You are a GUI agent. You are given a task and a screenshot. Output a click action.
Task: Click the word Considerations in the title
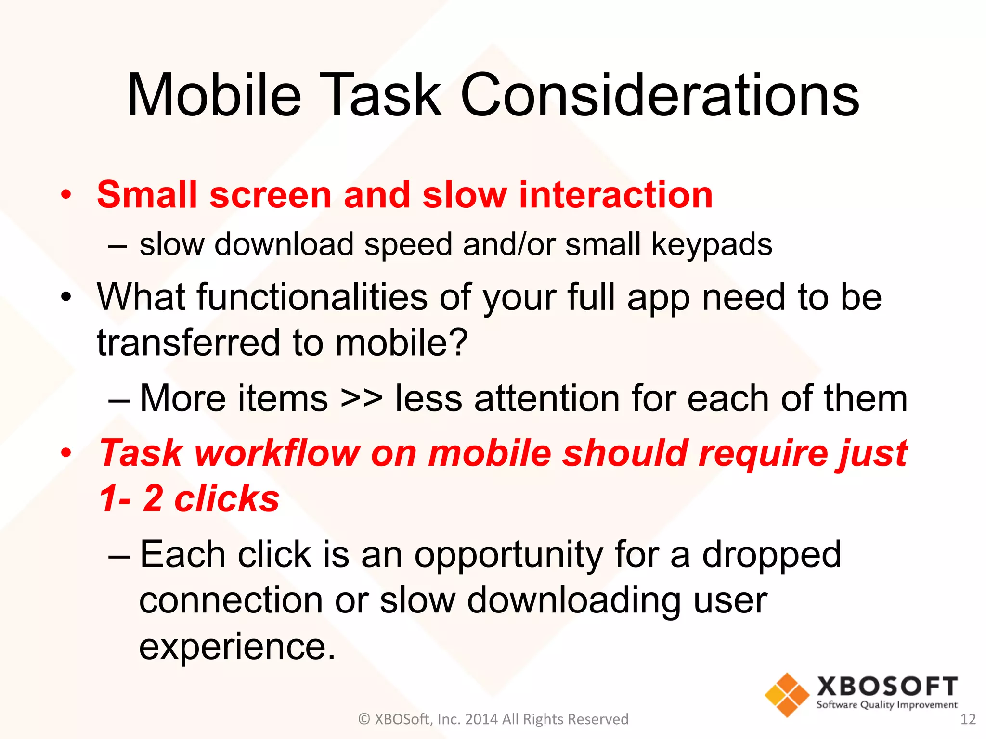coord(660,95)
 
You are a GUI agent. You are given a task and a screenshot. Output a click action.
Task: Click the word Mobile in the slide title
coord(214,95)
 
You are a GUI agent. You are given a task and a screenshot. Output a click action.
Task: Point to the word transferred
coord(188,343)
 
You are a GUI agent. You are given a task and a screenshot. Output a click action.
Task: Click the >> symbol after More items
coord(362,399)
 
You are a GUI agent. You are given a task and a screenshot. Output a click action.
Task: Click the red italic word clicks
coord(226,498)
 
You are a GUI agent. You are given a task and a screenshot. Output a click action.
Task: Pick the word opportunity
coord(508,555)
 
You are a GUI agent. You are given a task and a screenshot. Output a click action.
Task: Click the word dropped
coord(771,555)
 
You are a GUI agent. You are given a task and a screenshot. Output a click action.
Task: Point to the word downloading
coord(574,601)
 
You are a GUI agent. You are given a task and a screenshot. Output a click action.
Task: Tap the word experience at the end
coord(236,647)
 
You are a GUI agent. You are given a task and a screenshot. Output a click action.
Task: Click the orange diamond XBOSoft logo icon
coord(787,695)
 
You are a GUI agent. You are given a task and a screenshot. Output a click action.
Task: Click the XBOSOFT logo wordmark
coord(887,686)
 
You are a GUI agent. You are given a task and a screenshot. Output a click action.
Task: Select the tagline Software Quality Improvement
coord(887,705)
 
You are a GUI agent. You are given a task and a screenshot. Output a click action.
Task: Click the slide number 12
coord(968,719)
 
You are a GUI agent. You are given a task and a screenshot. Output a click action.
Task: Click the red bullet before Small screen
coord(66,196)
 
